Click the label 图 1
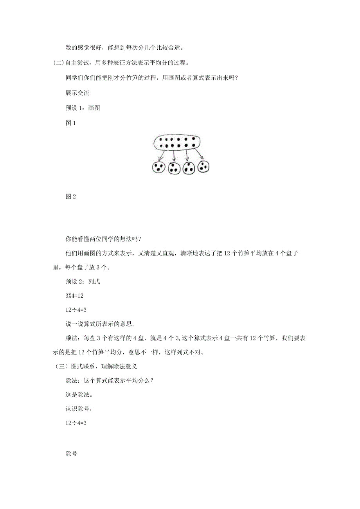tap(70, 123)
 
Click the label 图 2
tap(70, 197)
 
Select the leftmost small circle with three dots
tap(158, 168)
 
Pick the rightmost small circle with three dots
tap(203, 167)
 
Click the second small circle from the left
tap(174, 168)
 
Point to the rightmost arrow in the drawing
tap(198, 154)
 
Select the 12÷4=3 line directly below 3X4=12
tap(76, 310)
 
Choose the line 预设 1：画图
tap(83, 108)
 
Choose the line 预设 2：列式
tap(83, 282)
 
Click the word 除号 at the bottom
tap(72, 454)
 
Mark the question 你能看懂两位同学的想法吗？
tap(103, 239)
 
